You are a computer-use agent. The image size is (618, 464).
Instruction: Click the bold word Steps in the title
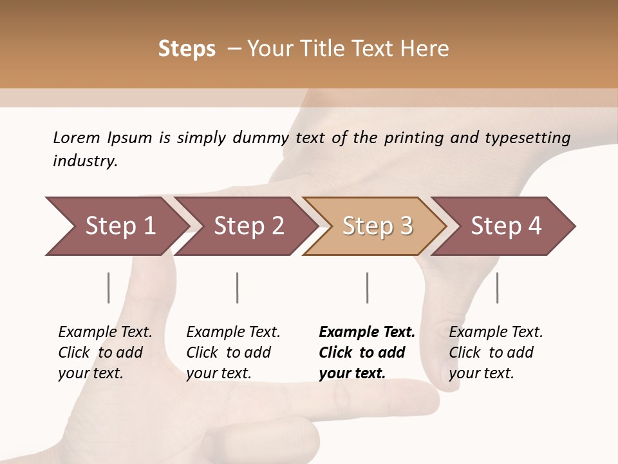coord(187,49)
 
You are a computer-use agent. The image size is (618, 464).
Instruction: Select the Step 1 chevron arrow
coord(116,226)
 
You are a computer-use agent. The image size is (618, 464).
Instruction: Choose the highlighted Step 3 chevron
coord(377,226)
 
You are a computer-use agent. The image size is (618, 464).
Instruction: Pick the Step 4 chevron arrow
coord(506,226)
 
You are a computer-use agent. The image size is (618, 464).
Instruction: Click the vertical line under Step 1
coord(109,287)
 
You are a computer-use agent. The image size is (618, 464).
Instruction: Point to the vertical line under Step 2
coord(238,287)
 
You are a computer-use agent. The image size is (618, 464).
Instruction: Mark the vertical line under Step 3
coord(367,287)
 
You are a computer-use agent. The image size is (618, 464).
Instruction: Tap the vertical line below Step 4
coord(497,287)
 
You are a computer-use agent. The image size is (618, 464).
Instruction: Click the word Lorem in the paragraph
coord(76,137)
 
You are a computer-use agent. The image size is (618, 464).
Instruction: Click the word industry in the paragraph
coord(85,161)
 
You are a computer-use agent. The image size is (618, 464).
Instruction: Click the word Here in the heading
coord(426,49)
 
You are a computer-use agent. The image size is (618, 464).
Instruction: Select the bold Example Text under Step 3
coord(367,332)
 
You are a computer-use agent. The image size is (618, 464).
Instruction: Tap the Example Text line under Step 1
coord(105,332)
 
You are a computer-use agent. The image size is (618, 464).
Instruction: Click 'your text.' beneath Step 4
coord(481,373)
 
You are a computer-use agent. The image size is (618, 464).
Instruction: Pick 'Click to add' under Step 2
coord(229,353)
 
